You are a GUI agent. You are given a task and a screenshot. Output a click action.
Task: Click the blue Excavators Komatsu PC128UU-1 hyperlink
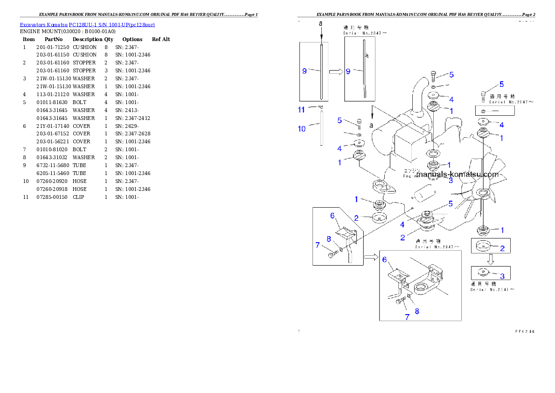[x=87, y=24]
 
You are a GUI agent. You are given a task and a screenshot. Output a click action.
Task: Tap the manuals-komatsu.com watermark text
[x=458, y=175]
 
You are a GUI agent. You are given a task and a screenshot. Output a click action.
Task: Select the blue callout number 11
[x=302, y=109]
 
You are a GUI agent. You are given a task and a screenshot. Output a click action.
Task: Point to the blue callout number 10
[x=302, y=128]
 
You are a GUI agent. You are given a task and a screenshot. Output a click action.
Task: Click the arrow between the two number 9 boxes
[x=336, y=71]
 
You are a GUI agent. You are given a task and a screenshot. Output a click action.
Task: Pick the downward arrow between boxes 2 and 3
[x=490, y=259]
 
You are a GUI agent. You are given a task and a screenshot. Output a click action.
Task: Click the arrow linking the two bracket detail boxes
[x=371, y=256]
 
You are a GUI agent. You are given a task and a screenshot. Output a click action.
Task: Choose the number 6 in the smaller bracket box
[x=332, y=215]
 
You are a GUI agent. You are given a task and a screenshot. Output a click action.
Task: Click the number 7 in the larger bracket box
[x=407, y=316]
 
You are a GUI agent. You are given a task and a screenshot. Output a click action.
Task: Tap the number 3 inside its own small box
[x=502, y=276]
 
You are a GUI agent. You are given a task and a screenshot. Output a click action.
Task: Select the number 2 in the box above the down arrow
[x=502, y=248]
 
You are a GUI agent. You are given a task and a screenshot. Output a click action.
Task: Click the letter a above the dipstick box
[x=320, y=23]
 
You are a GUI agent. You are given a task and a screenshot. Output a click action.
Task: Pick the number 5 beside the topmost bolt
[x=451, y=75]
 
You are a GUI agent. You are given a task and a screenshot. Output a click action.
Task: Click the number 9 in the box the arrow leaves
[x=304, y=71]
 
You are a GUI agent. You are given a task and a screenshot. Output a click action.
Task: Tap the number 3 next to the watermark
[x=451, y=180]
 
